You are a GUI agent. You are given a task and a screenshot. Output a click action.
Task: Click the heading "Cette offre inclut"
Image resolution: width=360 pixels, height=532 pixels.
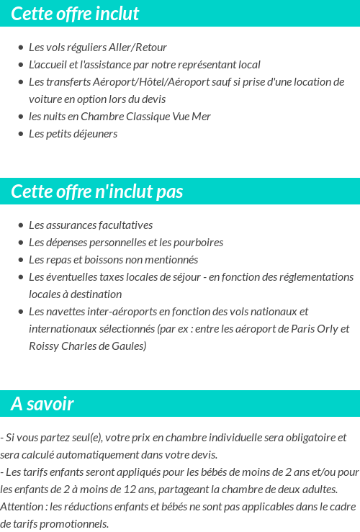[75, 14]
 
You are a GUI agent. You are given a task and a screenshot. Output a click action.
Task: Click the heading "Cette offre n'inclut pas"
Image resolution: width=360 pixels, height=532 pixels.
[97, 191]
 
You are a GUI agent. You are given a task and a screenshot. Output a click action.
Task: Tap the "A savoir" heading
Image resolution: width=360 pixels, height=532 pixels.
[42, 404]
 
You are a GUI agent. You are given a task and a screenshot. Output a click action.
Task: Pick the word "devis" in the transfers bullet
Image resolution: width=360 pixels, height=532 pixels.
[153, 99]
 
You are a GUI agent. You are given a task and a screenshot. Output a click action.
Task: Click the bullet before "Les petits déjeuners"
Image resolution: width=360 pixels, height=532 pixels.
[21, 135]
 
